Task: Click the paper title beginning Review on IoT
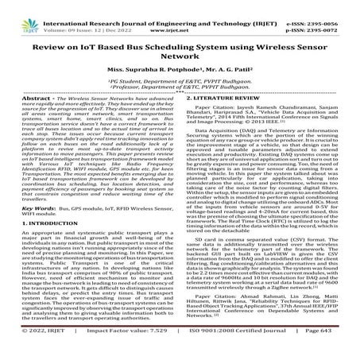click(180, 40)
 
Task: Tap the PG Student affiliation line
click(179, 79)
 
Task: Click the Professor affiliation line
click(180, 85)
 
